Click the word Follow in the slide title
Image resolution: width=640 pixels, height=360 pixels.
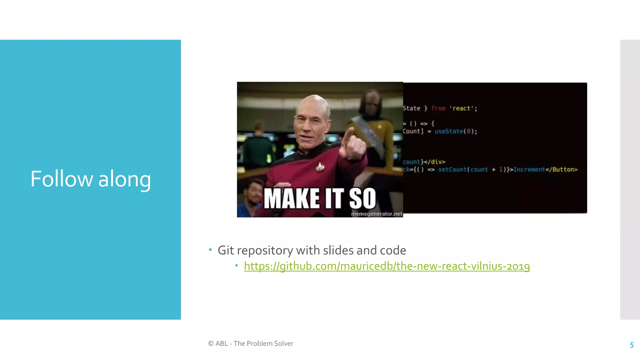tap(62, 179)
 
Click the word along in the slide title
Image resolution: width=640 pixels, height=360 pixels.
tap(124, 179)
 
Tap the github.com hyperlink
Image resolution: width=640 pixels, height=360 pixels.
tap(387, 266)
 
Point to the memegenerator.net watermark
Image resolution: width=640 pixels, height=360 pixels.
tap(376, 214)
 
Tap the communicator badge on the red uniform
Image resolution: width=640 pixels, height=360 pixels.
tap(319, 167)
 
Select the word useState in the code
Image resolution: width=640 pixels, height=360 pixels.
tap(448, 131)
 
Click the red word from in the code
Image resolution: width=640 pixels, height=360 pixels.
tap(438, 108)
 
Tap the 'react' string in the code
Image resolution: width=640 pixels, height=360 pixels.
tap(462, 108)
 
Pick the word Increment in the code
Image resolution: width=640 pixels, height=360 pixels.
tap(529, 169)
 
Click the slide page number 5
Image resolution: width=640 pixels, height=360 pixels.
tap(632, 345)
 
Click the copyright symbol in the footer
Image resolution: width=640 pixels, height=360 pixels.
tap(211, 343)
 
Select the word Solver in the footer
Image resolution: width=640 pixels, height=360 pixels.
tap(283, 343)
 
